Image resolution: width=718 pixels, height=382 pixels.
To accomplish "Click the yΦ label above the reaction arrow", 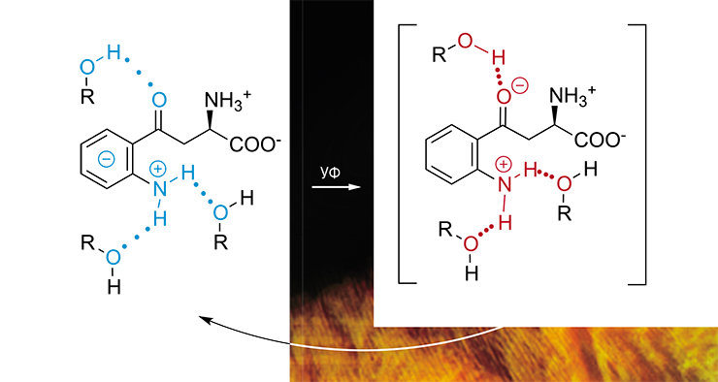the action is tap(330, 174).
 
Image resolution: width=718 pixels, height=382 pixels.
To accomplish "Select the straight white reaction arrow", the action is tap(336, 187).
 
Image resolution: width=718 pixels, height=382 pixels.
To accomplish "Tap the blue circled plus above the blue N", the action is tap(157, 170).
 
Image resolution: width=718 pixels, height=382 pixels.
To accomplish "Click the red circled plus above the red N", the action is tap(504, 163).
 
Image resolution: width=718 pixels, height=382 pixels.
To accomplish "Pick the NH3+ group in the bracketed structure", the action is tap(572, 95).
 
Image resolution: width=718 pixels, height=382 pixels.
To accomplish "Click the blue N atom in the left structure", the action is tap(159, 189).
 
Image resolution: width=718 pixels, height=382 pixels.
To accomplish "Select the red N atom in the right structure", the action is tap(505, 183).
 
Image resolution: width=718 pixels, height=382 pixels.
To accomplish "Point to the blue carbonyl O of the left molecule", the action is tap(160, 101).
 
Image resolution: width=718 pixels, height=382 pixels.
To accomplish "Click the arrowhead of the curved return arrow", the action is tap(205, 319).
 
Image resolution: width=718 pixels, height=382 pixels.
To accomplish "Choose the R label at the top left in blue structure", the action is tap(87, 98).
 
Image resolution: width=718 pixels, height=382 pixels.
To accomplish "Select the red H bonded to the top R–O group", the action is tap(498, 58).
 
